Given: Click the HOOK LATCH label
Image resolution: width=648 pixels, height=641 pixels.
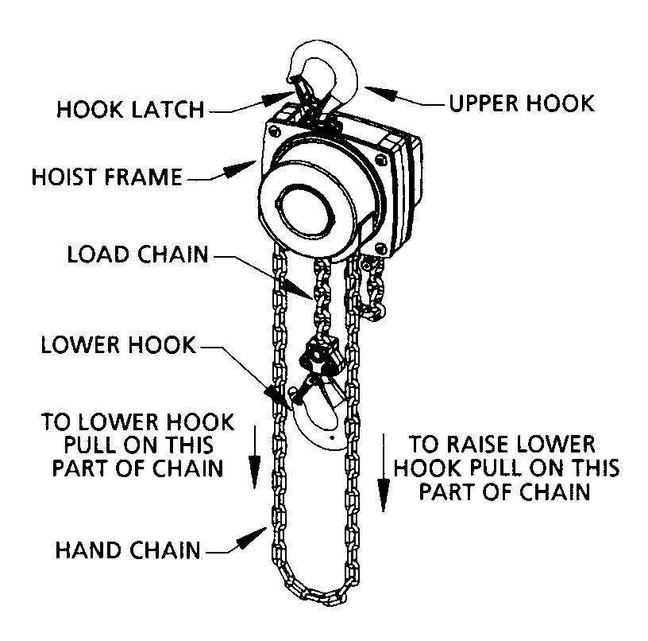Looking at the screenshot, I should [x=130, y=109].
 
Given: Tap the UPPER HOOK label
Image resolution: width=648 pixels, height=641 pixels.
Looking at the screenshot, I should [x=521, y=103].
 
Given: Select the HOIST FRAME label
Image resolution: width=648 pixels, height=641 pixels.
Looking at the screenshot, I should [x=107, y=176].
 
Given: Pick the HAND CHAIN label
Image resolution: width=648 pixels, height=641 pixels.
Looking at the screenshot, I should [x=127, y=549].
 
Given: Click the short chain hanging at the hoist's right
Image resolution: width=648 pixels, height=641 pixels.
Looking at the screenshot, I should [x=373, y=286].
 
